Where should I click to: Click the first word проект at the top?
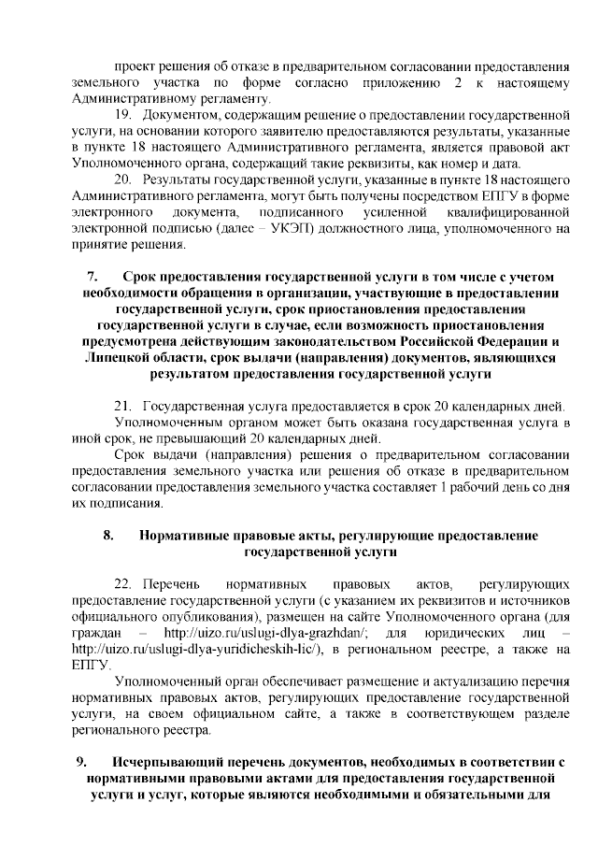[135, 67]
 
